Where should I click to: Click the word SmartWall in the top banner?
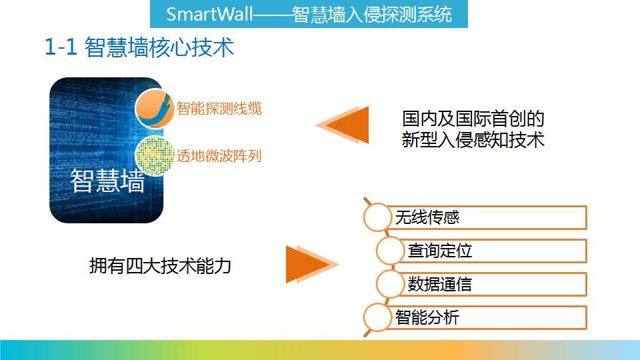(210, 14)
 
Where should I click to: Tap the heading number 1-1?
(61, 47)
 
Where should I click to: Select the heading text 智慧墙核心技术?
(159, 47)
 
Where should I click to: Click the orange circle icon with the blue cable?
(155, 108)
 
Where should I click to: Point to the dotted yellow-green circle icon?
(155, 155)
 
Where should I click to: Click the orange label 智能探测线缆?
(219, 109)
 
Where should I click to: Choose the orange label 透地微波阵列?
(219, 156)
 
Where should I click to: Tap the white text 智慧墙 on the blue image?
(108, 181)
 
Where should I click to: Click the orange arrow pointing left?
(343, 125)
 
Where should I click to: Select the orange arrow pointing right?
(312, 264)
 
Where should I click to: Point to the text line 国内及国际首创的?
(473, 119)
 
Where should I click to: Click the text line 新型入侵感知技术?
(473, 139)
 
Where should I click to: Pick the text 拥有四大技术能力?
(161, 266)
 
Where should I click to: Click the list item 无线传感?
(427, 217)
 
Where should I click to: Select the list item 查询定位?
(440, 251)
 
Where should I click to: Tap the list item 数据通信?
(440, 284)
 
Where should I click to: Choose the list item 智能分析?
(427, 317)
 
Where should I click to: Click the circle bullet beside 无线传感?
(377, 217)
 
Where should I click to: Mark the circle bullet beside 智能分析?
(377, 317)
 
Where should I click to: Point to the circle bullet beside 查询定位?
(390, 251)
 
